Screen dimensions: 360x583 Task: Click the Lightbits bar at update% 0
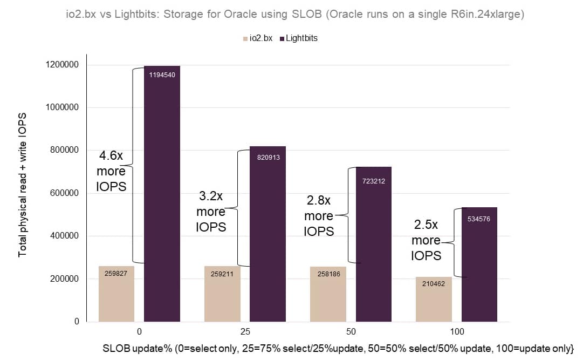click(x=162, y=194)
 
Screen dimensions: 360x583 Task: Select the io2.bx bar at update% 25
click(x=222, y=294)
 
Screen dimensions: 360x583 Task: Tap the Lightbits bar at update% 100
click(x=479, y=264)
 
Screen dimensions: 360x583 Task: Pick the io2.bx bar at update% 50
click(x=328, y=294)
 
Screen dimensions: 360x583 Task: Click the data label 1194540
click(x=162, y=75)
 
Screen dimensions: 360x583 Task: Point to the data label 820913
click(x=268, y=157)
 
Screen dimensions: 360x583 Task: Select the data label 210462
click(x=434, y=283)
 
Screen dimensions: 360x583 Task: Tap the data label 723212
click(x=373, y=181)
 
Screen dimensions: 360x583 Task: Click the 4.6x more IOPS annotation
click(x=111, y=171)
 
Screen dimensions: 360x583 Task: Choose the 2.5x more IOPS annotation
click(x=426, y=240)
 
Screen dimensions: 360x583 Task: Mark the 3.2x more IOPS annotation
click(x=211, y=212)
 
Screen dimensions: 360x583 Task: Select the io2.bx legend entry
click(x=259, y=38)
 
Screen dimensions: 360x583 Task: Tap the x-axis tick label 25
click(x=245, y=331)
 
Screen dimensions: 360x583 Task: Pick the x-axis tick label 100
click(x=456, y=331)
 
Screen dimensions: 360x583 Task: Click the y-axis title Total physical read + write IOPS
click(x=23, y=185)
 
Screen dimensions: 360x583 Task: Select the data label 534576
click(x=479, y=219)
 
